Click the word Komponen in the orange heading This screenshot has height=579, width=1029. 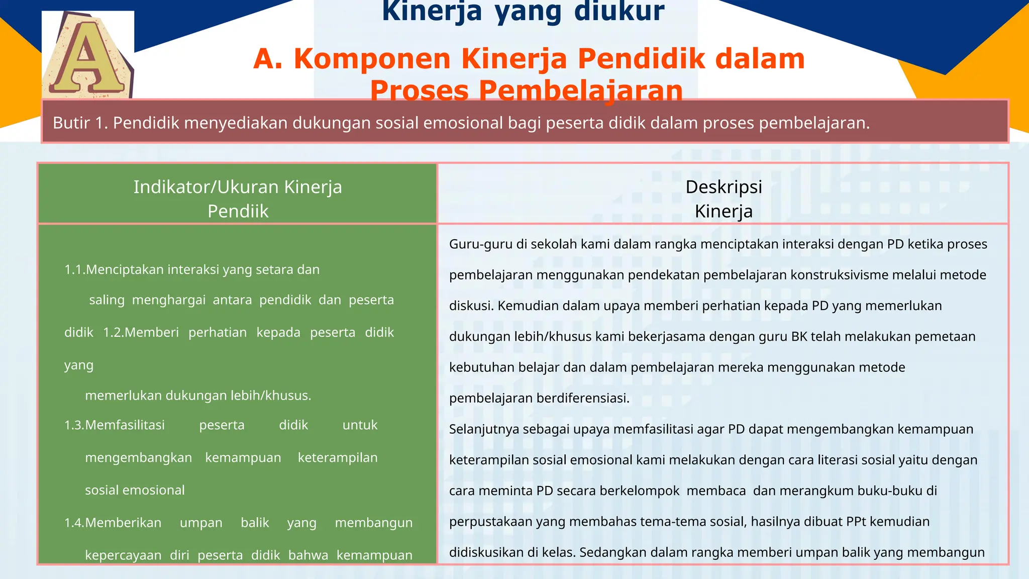pos(372,59)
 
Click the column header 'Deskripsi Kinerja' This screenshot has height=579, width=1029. pos(724,199)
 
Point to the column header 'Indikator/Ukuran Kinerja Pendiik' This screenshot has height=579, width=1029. pos(238,199)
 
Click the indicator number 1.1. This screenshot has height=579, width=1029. pos(74,270)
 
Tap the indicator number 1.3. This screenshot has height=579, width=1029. pos(74,425)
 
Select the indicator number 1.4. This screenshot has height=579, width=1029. pos(74,523)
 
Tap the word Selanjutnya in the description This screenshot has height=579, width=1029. pos(484,429)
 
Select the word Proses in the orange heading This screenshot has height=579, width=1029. pos(420,91)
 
